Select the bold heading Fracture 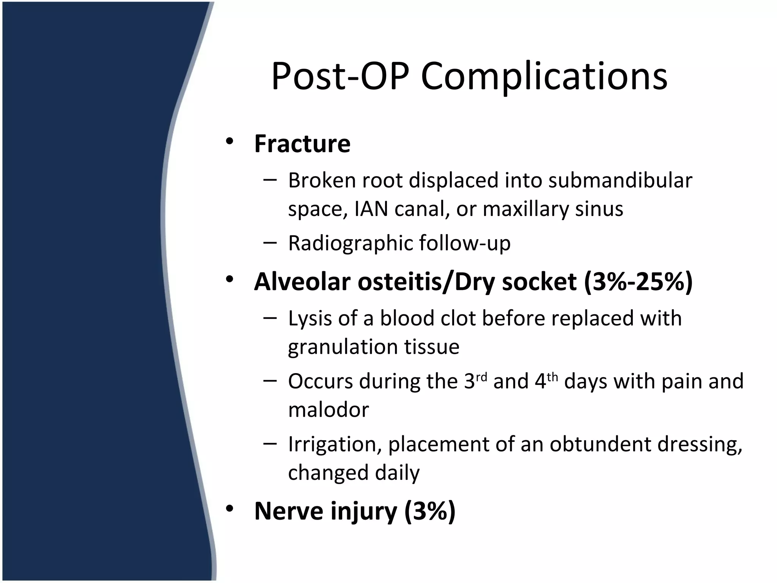click(x=302, y=144)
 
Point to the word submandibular click(x=620, y=181)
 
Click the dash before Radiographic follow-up click(x=269, y=241)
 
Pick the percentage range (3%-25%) click(x=639, y=282)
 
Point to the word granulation click(x=342, y=347)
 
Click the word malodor click(x=328, y=410)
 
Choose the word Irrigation click(x=334, y=445)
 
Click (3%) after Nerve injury click(x=429, y=511)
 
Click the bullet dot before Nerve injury click(x=229, y=509)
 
